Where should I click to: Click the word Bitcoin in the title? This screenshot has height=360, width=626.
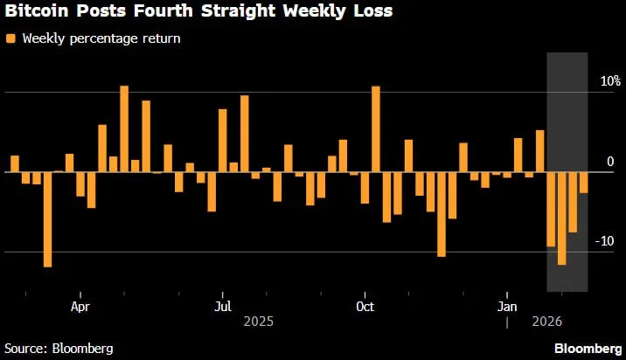(x=37, y=10)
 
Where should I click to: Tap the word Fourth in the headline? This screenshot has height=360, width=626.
(x=163, y=10)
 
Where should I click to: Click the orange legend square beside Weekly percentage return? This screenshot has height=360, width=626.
(x=10, y=38)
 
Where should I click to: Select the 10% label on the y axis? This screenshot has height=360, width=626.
(x=610, y=81)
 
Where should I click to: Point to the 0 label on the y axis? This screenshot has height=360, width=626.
(x=610, y=162)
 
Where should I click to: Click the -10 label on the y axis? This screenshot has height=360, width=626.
(x=604, y=241)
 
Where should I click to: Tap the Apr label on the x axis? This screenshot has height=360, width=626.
(x=80, y=307)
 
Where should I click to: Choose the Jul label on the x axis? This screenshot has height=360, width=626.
(x=223, y=307)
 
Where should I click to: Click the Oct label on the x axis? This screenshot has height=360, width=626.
(x=365, y=307)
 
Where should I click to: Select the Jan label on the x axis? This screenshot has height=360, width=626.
(x=507, y=307)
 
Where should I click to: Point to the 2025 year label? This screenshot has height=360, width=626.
(x=259, y=322)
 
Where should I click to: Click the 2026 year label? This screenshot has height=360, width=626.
(x=547, y=322)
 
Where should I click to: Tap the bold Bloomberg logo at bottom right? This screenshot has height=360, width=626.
(x=588, y=349)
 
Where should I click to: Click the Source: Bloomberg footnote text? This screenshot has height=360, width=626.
(x=59, y=349)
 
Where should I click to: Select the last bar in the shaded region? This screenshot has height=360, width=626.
(x=584, y=183)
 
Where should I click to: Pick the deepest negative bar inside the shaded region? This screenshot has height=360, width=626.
(x=561, y=218)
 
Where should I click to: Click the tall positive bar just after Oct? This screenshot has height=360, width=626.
(x=376, y=129)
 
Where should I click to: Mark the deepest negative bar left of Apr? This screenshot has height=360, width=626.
(x=47, y=219)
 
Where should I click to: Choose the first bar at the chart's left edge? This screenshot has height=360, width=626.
(x=15, y=163)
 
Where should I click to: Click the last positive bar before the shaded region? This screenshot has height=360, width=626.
(x=539, y=151)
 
